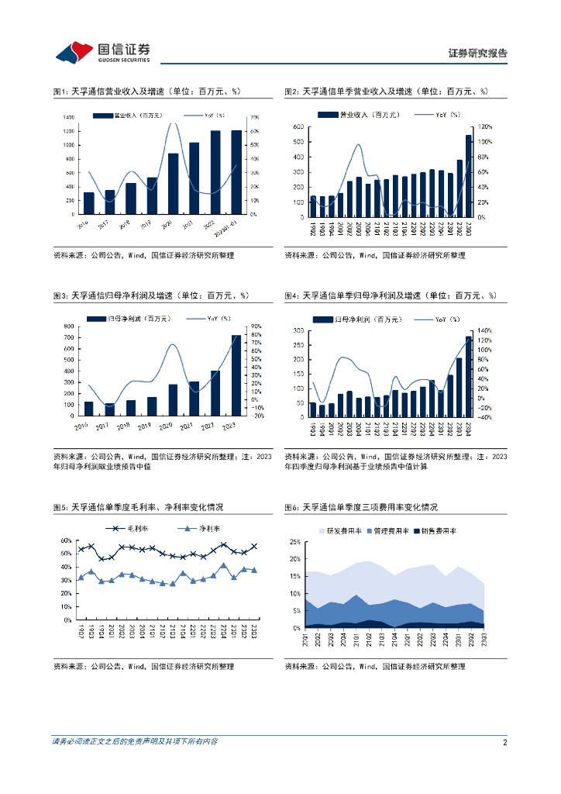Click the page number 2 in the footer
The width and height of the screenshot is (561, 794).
point(504,742)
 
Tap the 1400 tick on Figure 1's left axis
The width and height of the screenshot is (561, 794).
point(68,117)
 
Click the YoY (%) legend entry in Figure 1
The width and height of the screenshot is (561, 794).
point(209,115)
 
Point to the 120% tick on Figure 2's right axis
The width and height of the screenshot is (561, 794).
point(484,126)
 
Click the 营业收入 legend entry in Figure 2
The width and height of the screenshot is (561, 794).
point(360,115)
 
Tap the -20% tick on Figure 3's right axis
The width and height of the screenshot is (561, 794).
point(257,416)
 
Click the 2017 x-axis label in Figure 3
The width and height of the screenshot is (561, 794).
point(109,426)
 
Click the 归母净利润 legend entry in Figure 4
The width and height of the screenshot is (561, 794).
point(357,319)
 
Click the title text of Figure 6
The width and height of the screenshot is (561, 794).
point(360,507)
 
